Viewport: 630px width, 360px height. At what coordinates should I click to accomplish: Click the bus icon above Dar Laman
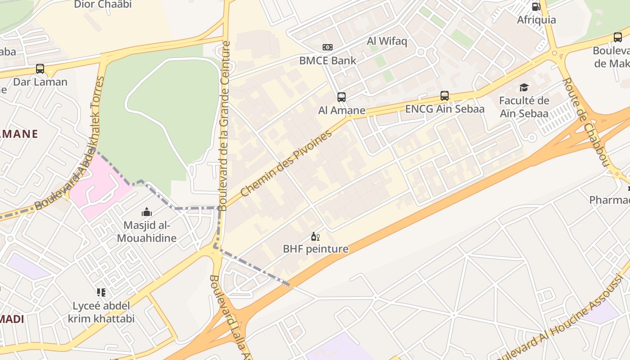(40, 69)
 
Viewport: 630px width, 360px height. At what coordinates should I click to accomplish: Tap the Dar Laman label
(40, 82)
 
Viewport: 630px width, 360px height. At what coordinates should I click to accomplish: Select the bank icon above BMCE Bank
(328, 47)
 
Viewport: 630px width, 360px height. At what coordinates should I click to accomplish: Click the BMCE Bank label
(328, 60)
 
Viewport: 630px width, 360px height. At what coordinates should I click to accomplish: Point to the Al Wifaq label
(387, 41)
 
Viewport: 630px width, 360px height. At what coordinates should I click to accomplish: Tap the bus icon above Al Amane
(342, 97)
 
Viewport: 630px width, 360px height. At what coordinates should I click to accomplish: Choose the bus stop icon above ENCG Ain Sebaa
(445, 96)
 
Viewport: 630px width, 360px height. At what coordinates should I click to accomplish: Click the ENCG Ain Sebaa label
(445, 109)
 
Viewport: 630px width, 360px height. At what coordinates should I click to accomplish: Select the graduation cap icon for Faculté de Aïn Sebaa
(524, 87)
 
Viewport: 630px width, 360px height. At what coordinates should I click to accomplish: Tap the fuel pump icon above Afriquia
(536, 7)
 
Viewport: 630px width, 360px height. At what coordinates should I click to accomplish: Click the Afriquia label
(536, 20)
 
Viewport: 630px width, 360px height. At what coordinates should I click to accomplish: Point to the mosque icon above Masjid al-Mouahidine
(147, 212)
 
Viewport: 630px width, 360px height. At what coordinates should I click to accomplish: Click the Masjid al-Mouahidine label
(147, 231)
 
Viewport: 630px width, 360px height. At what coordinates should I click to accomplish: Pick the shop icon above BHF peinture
(315, 236)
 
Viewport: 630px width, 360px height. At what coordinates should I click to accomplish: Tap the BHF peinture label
(315, 249)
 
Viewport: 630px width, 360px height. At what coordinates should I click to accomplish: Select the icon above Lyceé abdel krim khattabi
(101, 293)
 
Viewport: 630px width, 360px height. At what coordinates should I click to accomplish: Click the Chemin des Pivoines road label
(287, 163)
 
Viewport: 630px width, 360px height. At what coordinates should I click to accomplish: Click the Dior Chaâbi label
(103, 4)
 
